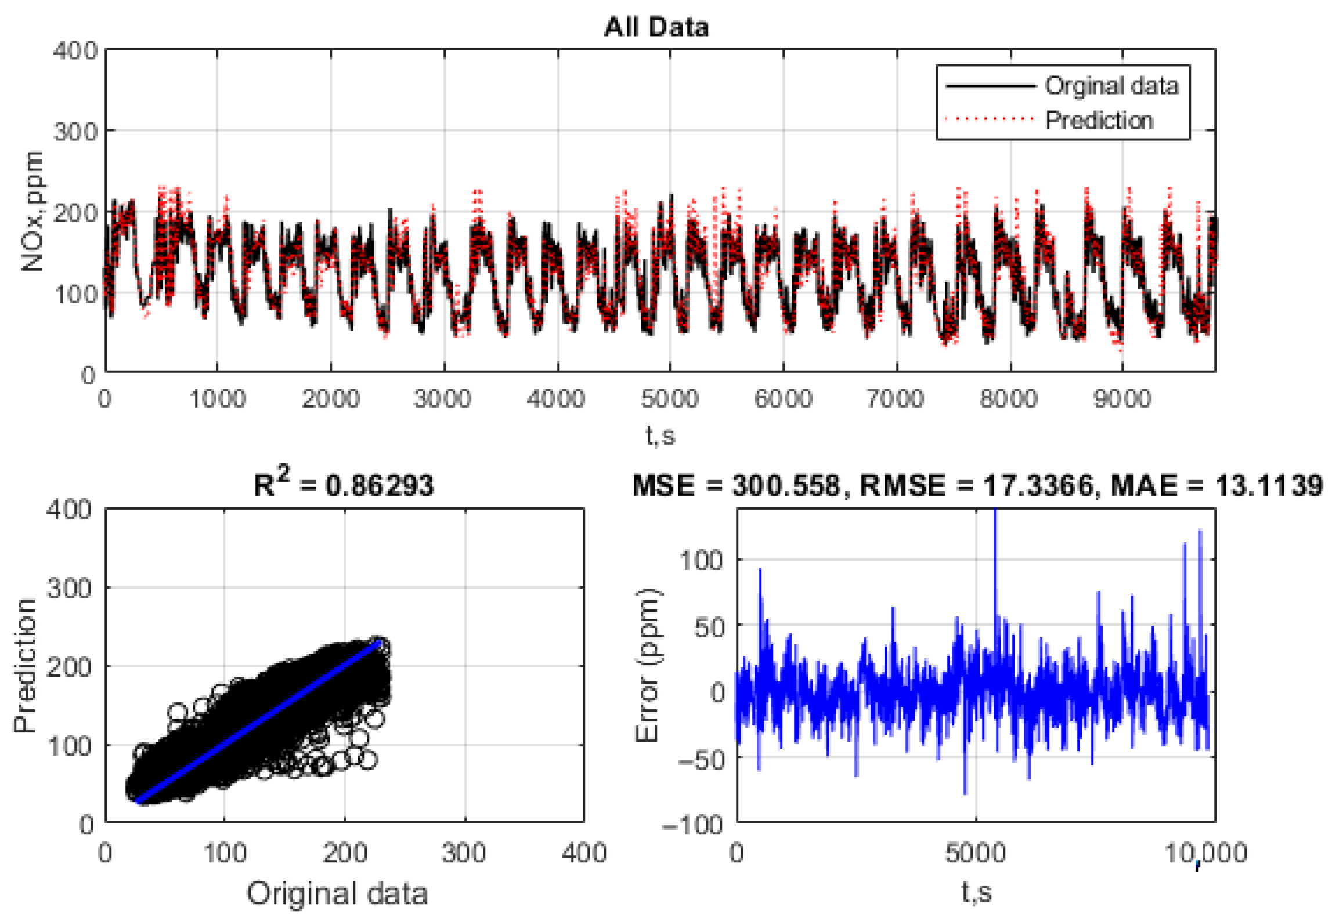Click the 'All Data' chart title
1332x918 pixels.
click(656, 27)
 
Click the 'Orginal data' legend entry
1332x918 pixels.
click(1111, 86)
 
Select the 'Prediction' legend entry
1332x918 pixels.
click(1099, 121)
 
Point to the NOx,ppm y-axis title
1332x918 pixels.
click(32, 211)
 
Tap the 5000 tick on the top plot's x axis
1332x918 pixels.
click(669, 399)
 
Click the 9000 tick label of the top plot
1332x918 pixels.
click(1122, 399)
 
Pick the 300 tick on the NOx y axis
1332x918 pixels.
click(75, 132)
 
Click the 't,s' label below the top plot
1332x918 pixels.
click(660, 435)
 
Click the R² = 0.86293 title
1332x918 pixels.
click(344, 485)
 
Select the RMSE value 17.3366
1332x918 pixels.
click(1038, 485)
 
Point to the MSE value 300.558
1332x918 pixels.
click(786, 485)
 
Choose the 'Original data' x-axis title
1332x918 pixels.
click(337, 894)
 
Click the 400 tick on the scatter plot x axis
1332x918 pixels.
click(583, 854)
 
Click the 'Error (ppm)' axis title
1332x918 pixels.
click(648, 665)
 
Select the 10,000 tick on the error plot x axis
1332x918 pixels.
click(1206, 854)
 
